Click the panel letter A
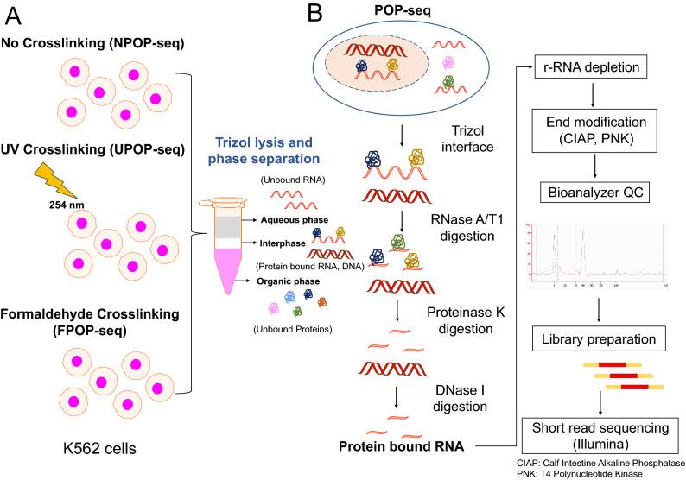click(x=15, y=16)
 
